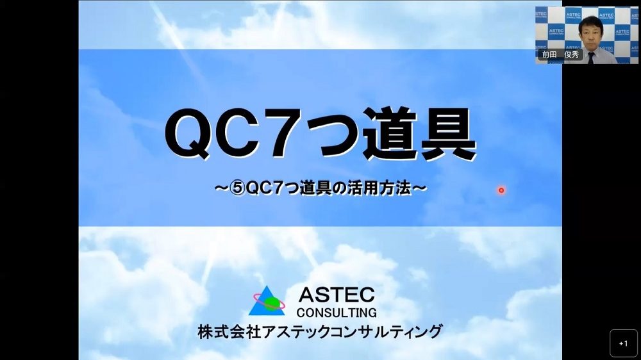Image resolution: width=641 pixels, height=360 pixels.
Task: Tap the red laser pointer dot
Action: pos(501,190)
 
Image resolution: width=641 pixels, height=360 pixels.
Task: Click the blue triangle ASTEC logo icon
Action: pos(266,301)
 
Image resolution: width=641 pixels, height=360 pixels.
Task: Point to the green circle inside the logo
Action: pos(271,303)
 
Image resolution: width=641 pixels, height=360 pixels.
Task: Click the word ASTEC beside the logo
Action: pos(337,295)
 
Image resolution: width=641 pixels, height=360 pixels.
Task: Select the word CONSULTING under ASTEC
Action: pos(337,313)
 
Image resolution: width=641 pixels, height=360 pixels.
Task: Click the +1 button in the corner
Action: pos(624,343)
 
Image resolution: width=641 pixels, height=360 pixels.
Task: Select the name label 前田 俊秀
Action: pos(560,54)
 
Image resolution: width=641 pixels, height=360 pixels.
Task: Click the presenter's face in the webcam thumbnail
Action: pos(591,35)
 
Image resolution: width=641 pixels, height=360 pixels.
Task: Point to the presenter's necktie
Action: pos(591,58)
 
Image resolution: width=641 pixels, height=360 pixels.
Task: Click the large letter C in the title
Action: pos(240,134)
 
